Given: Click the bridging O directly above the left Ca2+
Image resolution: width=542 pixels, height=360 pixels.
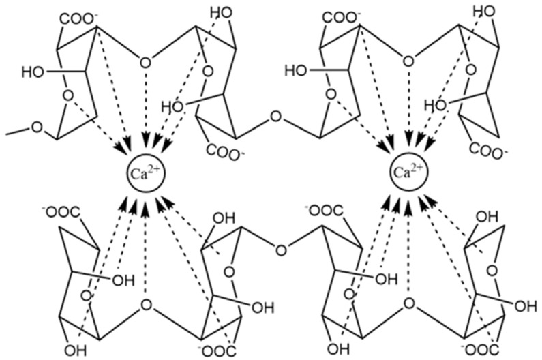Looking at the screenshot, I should pos(144,63).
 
